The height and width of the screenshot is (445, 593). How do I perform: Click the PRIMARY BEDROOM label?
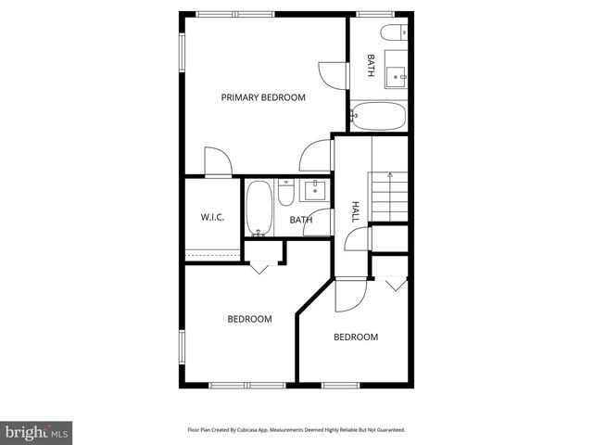(x=263, y=97)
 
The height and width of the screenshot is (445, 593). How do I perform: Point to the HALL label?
(x=355, y=212)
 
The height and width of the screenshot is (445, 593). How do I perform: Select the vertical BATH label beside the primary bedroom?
(x=371, y=64)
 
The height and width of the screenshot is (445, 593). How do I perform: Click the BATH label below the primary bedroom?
(x=300, y=220)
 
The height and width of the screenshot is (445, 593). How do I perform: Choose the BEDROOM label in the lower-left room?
(x=250, y=319)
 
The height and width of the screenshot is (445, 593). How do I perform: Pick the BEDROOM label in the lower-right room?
(x=356, y=337)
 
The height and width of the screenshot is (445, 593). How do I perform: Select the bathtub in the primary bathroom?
(x=378, y=118)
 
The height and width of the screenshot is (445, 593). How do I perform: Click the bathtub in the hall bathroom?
(x=259, y=209)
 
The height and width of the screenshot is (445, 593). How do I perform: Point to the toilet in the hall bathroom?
(x=286, y=195)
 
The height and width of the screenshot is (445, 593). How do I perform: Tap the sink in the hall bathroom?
(x=314, y=190)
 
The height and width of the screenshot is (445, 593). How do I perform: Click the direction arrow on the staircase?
(x=390, y=174)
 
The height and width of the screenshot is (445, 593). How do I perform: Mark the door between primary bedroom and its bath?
(x=331, y=73)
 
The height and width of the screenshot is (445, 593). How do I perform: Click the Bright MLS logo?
(x=36, y=432)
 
